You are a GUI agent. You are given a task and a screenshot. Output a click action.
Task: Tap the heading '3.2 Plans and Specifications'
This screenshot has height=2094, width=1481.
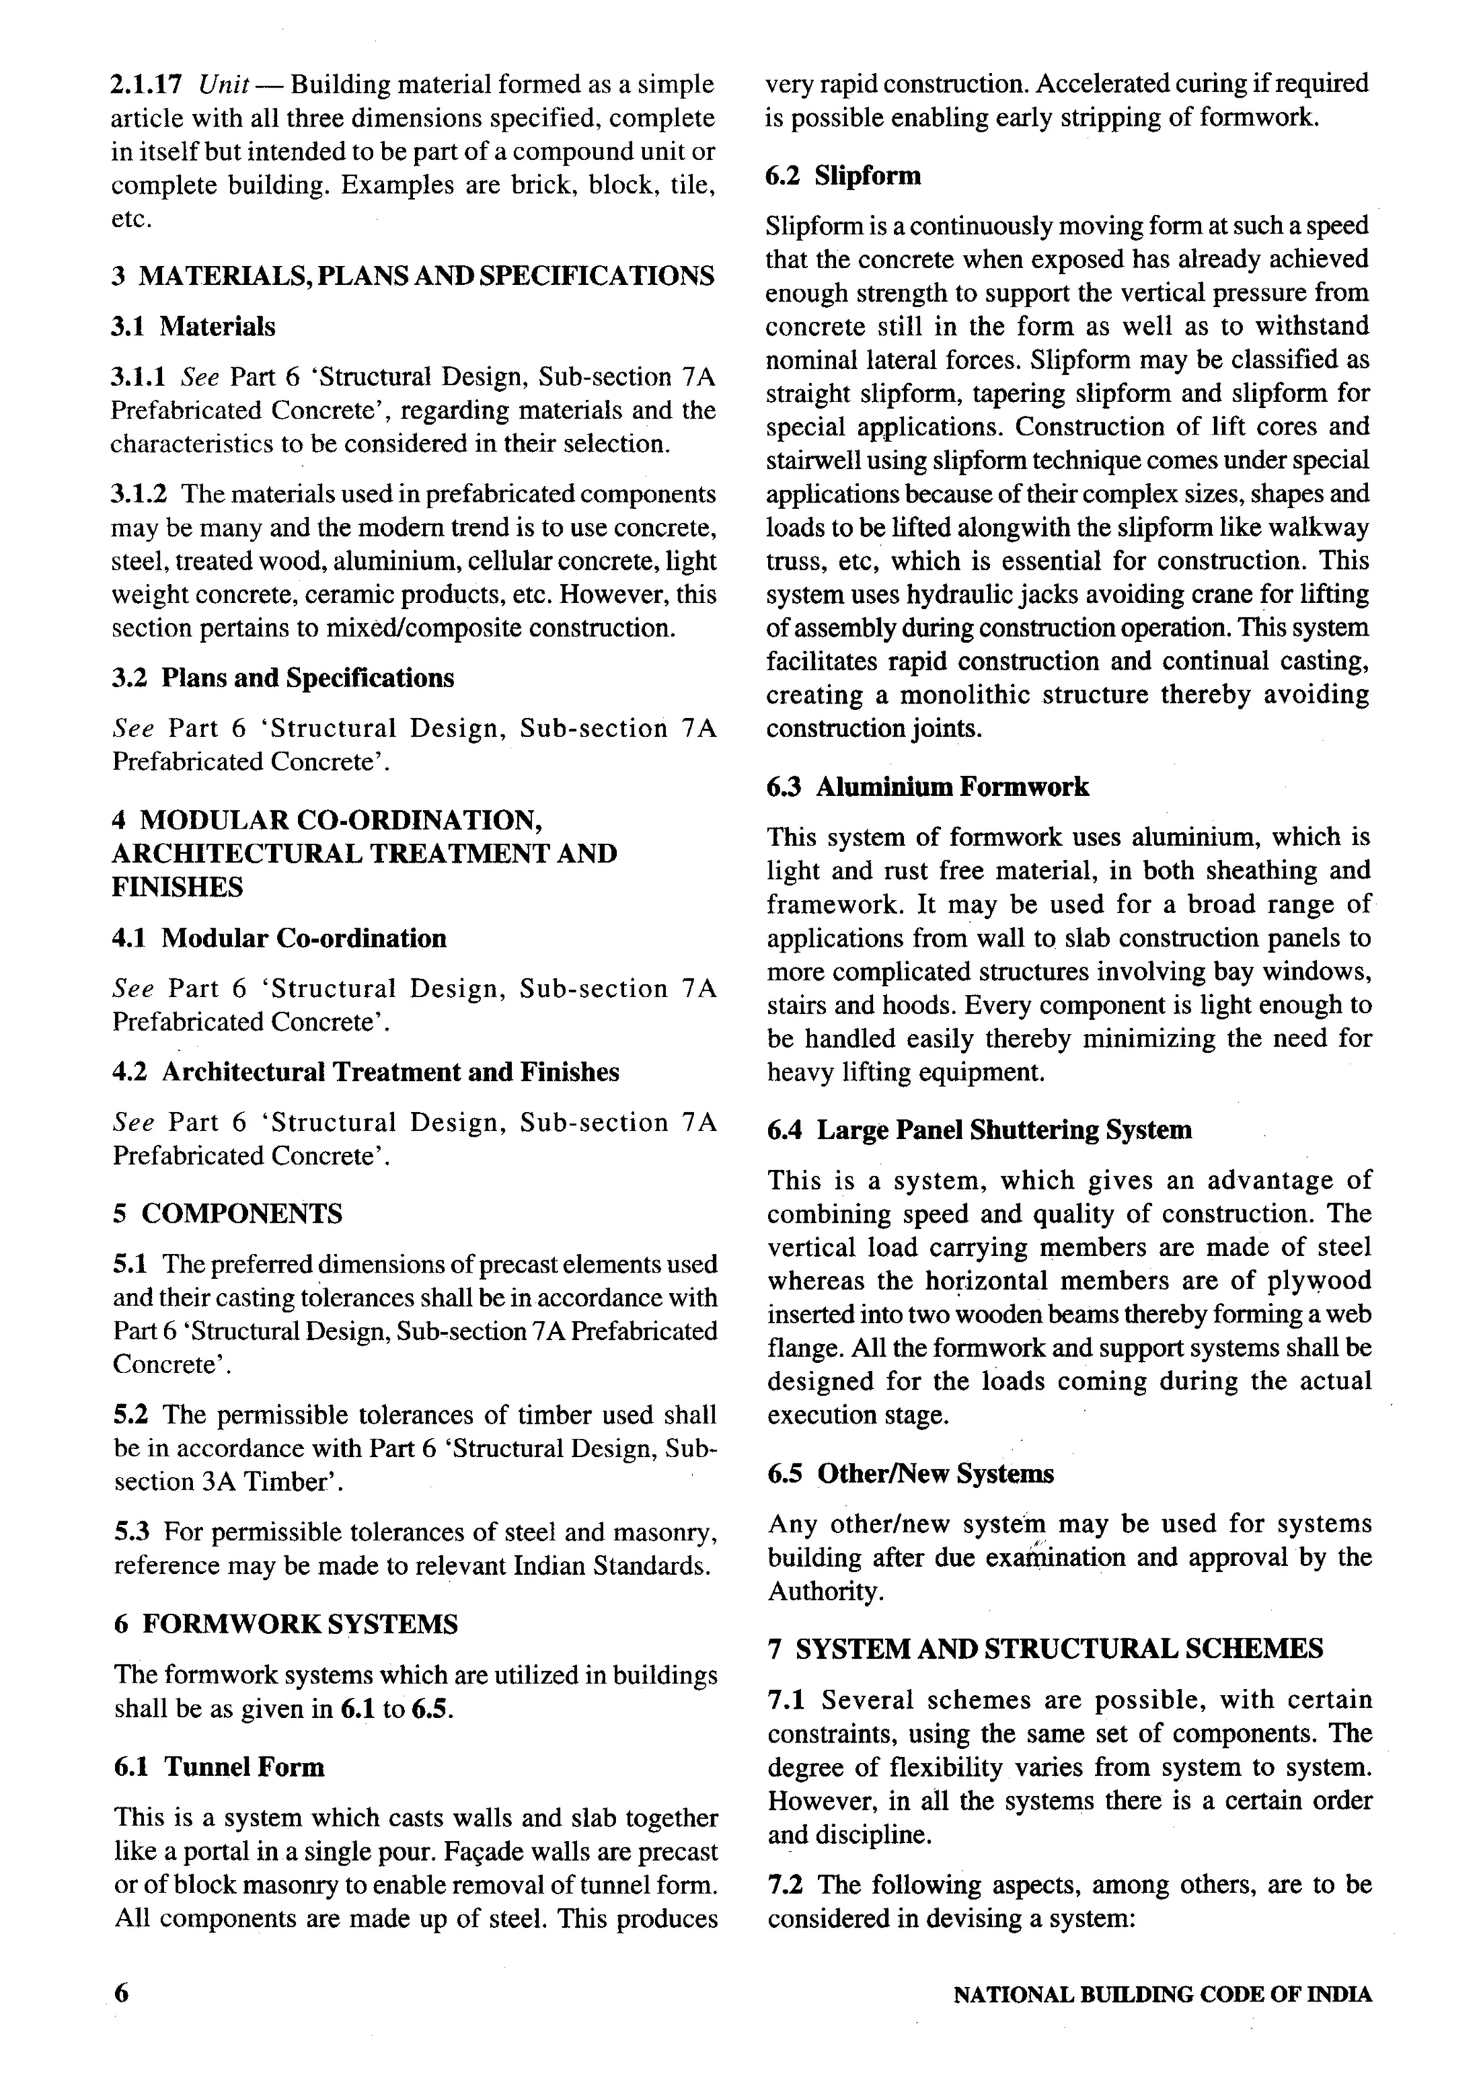pos(283,678)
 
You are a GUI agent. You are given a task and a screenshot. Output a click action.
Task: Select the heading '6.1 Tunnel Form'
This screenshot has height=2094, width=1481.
pos(219,1766)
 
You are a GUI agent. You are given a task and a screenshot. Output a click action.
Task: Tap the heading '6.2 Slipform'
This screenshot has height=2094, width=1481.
pos(844,175)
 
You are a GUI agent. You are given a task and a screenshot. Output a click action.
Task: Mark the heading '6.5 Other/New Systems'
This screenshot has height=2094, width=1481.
pos(910,1473)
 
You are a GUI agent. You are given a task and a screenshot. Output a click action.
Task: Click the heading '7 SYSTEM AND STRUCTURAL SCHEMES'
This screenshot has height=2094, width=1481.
pos(1045,1648)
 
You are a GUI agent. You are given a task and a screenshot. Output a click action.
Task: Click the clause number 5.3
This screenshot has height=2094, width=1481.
pos(132,1531)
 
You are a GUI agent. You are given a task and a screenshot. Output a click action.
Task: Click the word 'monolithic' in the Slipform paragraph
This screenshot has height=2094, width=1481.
pos(957,695)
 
